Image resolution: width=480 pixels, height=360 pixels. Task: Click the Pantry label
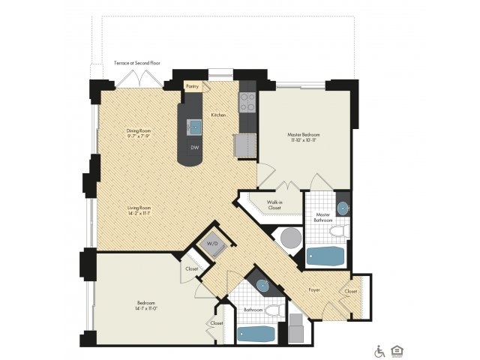tap(192, 86)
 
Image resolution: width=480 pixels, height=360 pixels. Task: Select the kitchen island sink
tap(193, 126)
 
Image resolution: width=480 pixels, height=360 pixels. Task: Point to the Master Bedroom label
tap(304, 138)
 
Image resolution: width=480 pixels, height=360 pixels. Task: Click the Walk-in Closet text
tap(274, 205)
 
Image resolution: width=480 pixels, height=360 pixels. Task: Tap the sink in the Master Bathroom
tap(342, 207)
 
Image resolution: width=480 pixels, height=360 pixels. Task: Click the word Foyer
tap(316, 287)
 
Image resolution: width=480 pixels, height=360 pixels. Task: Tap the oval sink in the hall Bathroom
tap(262, 285)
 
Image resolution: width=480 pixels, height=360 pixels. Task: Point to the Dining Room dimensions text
tap(139, 136)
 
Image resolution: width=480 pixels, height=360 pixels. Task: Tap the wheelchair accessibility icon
tap(379, 350)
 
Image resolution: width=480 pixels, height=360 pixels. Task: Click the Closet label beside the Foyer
tap(351, 290)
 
